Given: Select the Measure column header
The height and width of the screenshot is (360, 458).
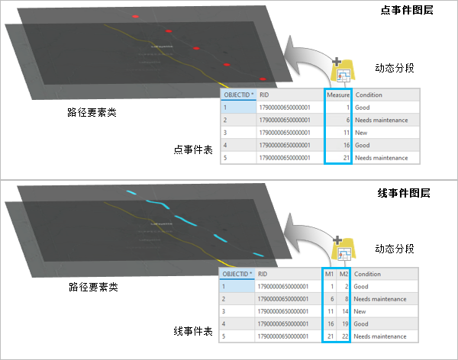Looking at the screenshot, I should pyautogui.click(x=338, y=95).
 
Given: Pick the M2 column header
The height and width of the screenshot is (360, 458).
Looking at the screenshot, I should pyautogui.click(x=343, y=274).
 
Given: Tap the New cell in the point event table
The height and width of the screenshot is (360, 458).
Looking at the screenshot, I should pyautogui.click(x=362, y=133).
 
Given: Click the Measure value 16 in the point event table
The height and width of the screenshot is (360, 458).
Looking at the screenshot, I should pyautogui.click(x=346, y=145).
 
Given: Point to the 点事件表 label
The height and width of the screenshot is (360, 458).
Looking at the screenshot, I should pyautogui.click(x=192, y=150).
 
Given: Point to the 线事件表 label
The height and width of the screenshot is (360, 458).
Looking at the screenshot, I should pyautogui.click(x=192, y=332).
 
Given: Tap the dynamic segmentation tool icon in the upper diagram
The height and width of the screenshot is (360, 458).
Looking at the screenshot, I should pyautogui.click(x=343, y=72).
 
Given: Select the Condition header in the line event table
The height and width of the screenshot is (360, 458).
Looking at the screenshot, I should pyautogui.click(x=369, y=274).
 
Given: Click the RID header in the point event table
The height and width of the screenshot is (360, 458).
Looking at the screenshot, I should pyautogui.click(x=264, y=95).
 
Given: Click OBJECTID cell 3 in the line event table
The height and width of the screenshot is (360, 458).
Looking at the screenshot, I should pyautogui.click(x=225, y=311).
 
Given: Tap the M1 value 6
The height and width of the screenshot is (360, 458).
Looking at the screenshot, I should pyautogui.click(x=329, y=299).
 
